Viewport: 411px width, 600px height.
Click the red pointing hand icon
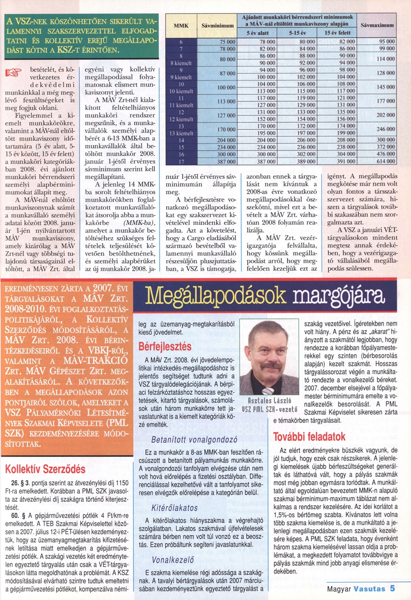click(x=13, y=73)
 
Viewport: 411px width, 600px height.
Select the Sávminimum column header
click(x=217, y=26)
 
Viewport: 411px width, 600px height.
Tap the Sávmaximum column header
click(x=377, y=25)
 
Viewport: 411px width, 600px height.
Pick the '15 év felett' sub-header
click(x=337, y=33)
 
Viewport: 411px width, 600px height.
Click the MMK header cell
click(x=181, y=26)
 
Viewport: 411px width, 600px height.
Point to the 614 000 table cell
click(x=386, y=161)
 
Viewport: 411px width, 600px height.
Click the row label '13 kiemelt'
click(x=181, y=133)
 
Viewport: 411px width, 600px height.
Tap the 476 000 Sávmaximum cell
click(x=386, y=154)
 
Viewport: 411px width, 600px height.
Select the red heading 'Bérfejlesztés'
click(x=165, y=347)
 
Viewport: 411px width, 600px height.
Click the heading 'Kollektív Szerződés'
click(x=45, y=469)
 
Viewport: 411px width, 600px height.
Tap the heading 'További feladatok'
click(x=309, y=436)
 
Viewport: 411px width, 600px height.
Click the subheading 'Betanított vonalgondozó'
click(x=194, y=440)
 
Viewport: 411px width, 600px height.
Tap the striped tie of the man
click(x=267, y=390)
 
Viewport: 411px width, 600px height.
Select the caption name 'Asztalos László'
click(x=269, y=401)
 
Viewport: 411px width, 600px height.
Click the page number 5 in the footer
click(x=392, y=588)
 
